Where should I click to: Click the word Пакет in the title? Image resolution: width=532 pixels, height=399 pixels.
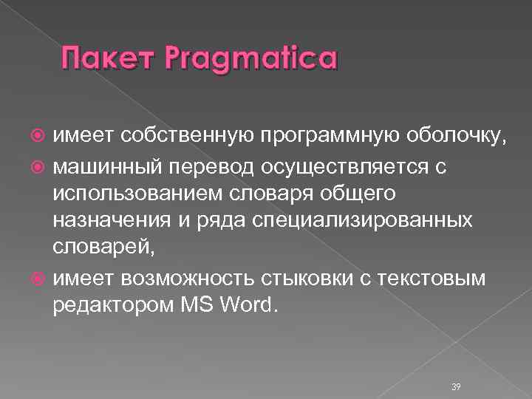pos(106,58)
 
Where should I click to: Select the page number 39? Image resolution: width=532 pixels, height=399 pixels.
pos(455,367)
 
